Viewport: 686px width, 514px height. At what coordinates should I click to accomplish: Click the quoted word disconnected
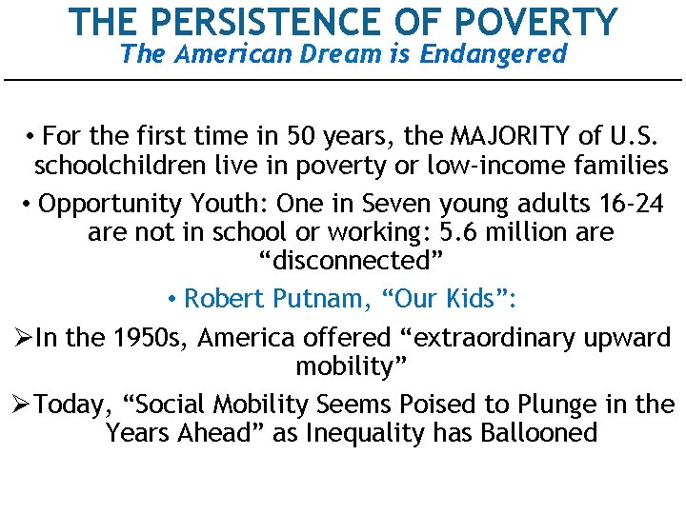[x=342, y=261]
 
